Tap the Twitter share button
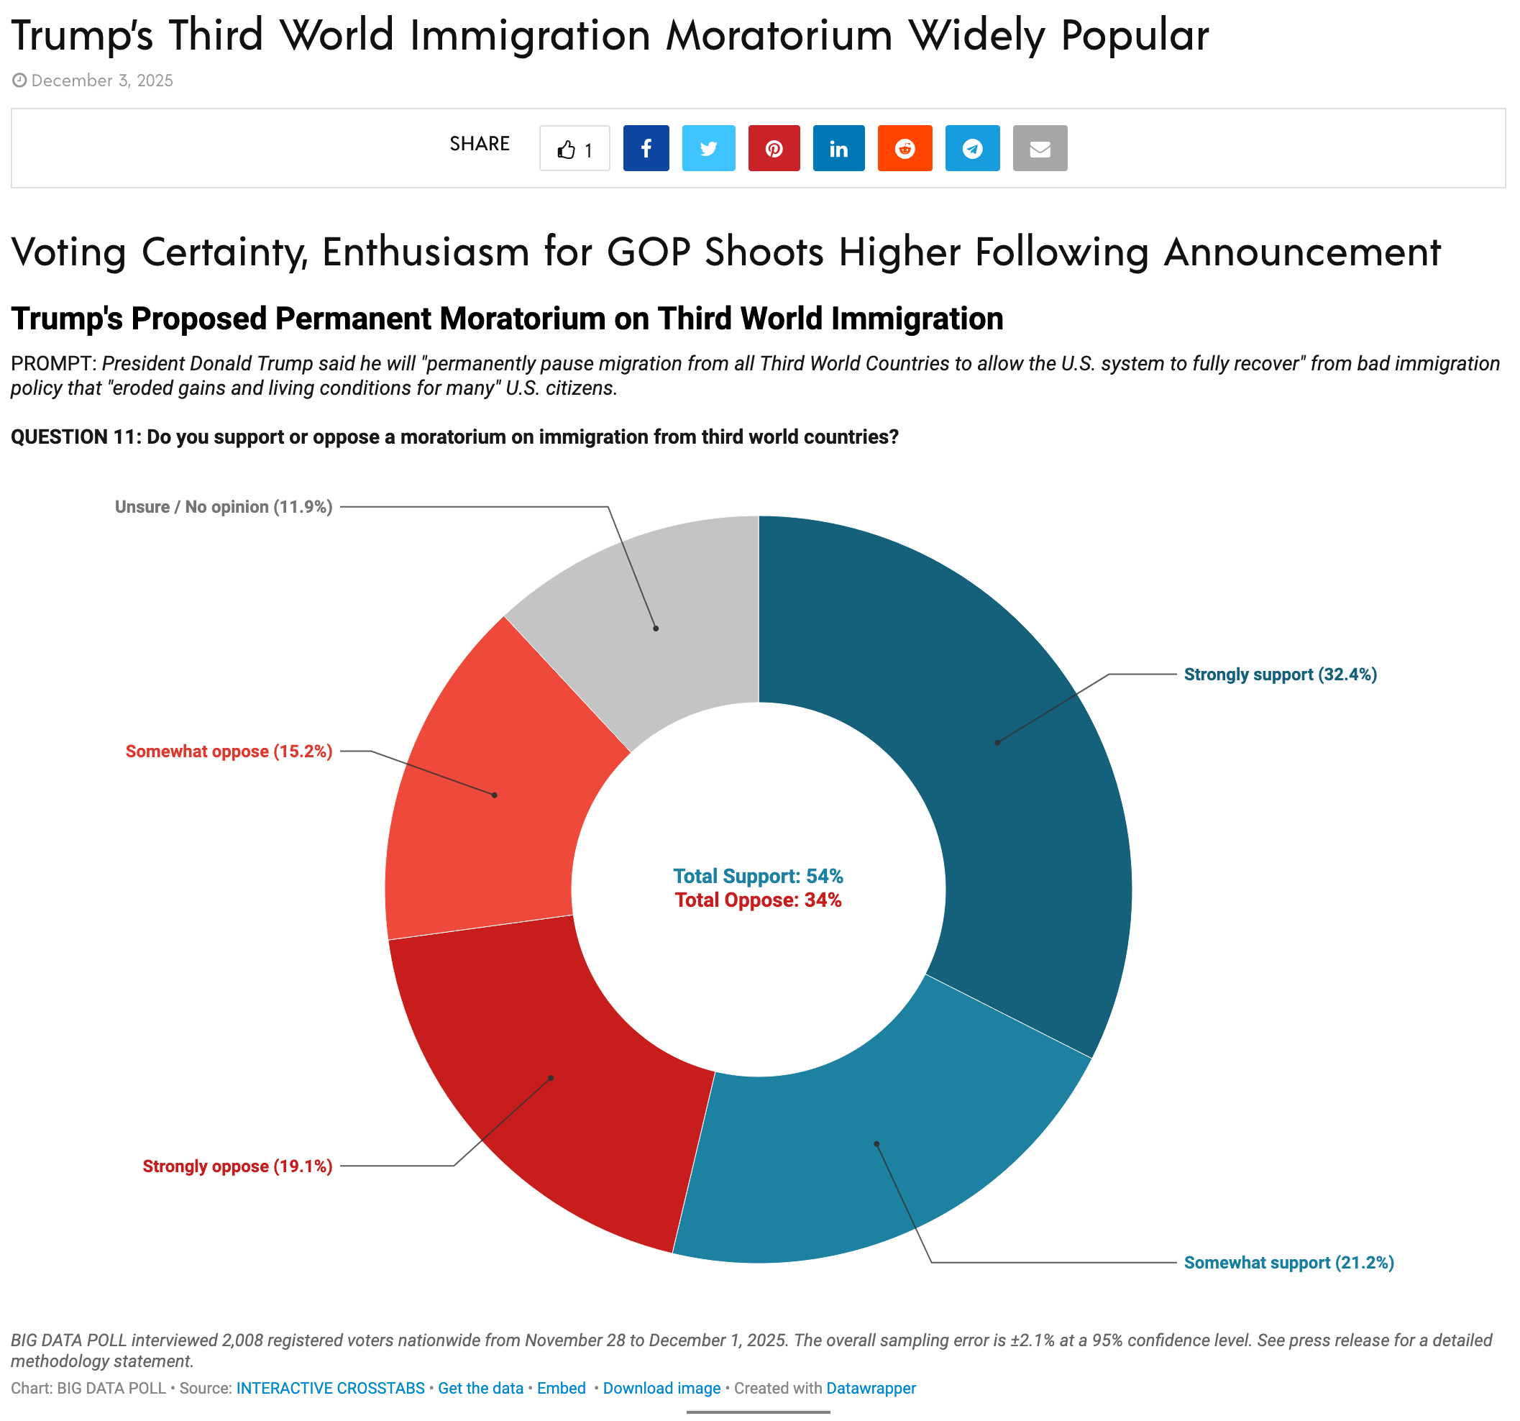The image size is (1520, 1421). (708, 148)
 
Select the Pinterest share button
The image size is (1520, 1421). (774, 148)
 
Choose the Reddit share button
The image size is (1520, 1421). (905, 148)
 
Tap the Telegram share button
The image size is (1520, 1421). (972, 148)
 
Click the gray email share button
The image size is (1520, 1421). (1039, 148)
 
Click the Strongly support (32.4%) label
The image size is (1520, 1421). (1280, 675)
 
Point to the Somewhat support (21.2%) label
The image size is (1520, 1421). (1288, 1263)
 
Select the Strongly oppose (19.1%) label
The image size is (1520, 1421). (237, 1166)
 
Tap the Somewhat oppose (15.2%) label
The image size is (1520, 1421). (229, 751)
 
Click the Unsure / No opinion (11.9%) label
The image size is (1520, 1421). (224, 507)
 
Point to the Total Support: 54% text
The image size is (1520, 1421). (758, 877)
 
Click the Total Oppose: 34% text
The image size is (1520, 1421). (758, 900)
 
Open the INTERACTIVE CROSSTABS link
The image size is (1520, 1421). (330, 1388)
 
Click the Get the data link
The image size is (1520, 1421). (480, 1388)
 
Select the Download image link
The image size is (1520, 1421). (661, 1388)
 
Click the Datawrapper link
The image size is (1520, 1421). (871, 1388)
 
